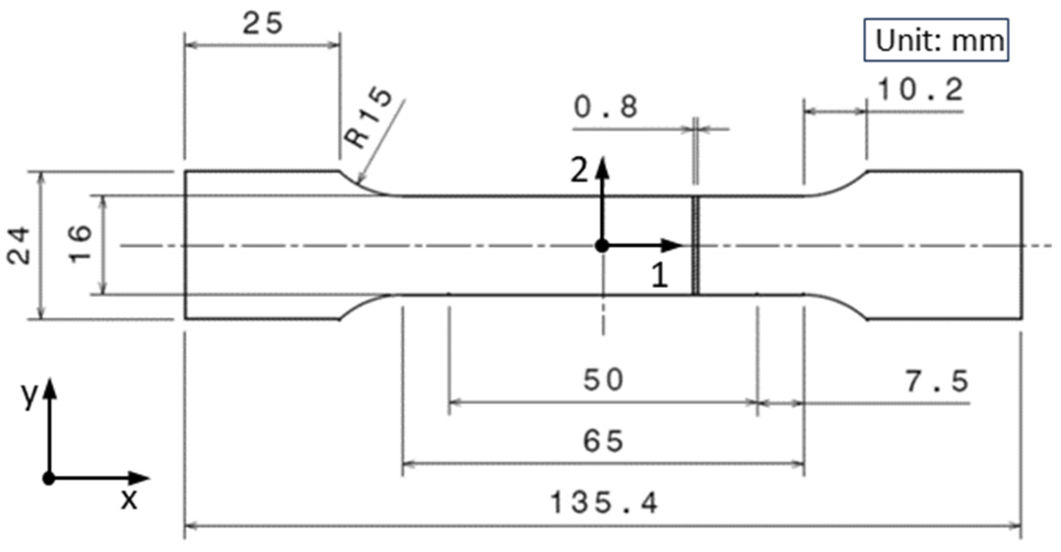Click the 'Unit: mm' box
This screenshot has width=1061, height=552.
click(936, 40)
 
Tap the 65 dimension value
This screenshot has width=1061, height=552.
click(603, 440)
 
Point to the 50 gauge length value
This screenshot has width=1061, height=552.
click(603, 380)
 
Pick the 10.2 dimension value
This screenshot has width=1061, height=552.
click(920, 90)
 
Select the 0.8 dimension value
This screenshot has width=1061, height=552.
click(606, 107)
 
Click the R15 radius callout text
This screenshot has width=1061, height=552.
click(368, 119)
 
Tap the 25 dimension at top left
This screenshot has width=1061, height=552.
click(262, 24)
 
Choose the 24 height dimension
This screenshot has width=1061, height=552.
click(19, 246)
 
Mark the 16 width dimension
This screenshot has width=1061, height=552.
click(80, 244)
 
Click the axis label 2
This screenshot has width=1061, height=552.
click(579, 170)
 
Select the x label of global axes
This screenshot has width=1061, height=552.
click(129, 500)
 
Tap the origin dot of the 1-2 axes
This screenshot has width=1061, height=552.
click(602, 246)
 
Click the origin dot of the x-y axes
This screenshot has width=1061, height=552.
click(49, 478)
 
